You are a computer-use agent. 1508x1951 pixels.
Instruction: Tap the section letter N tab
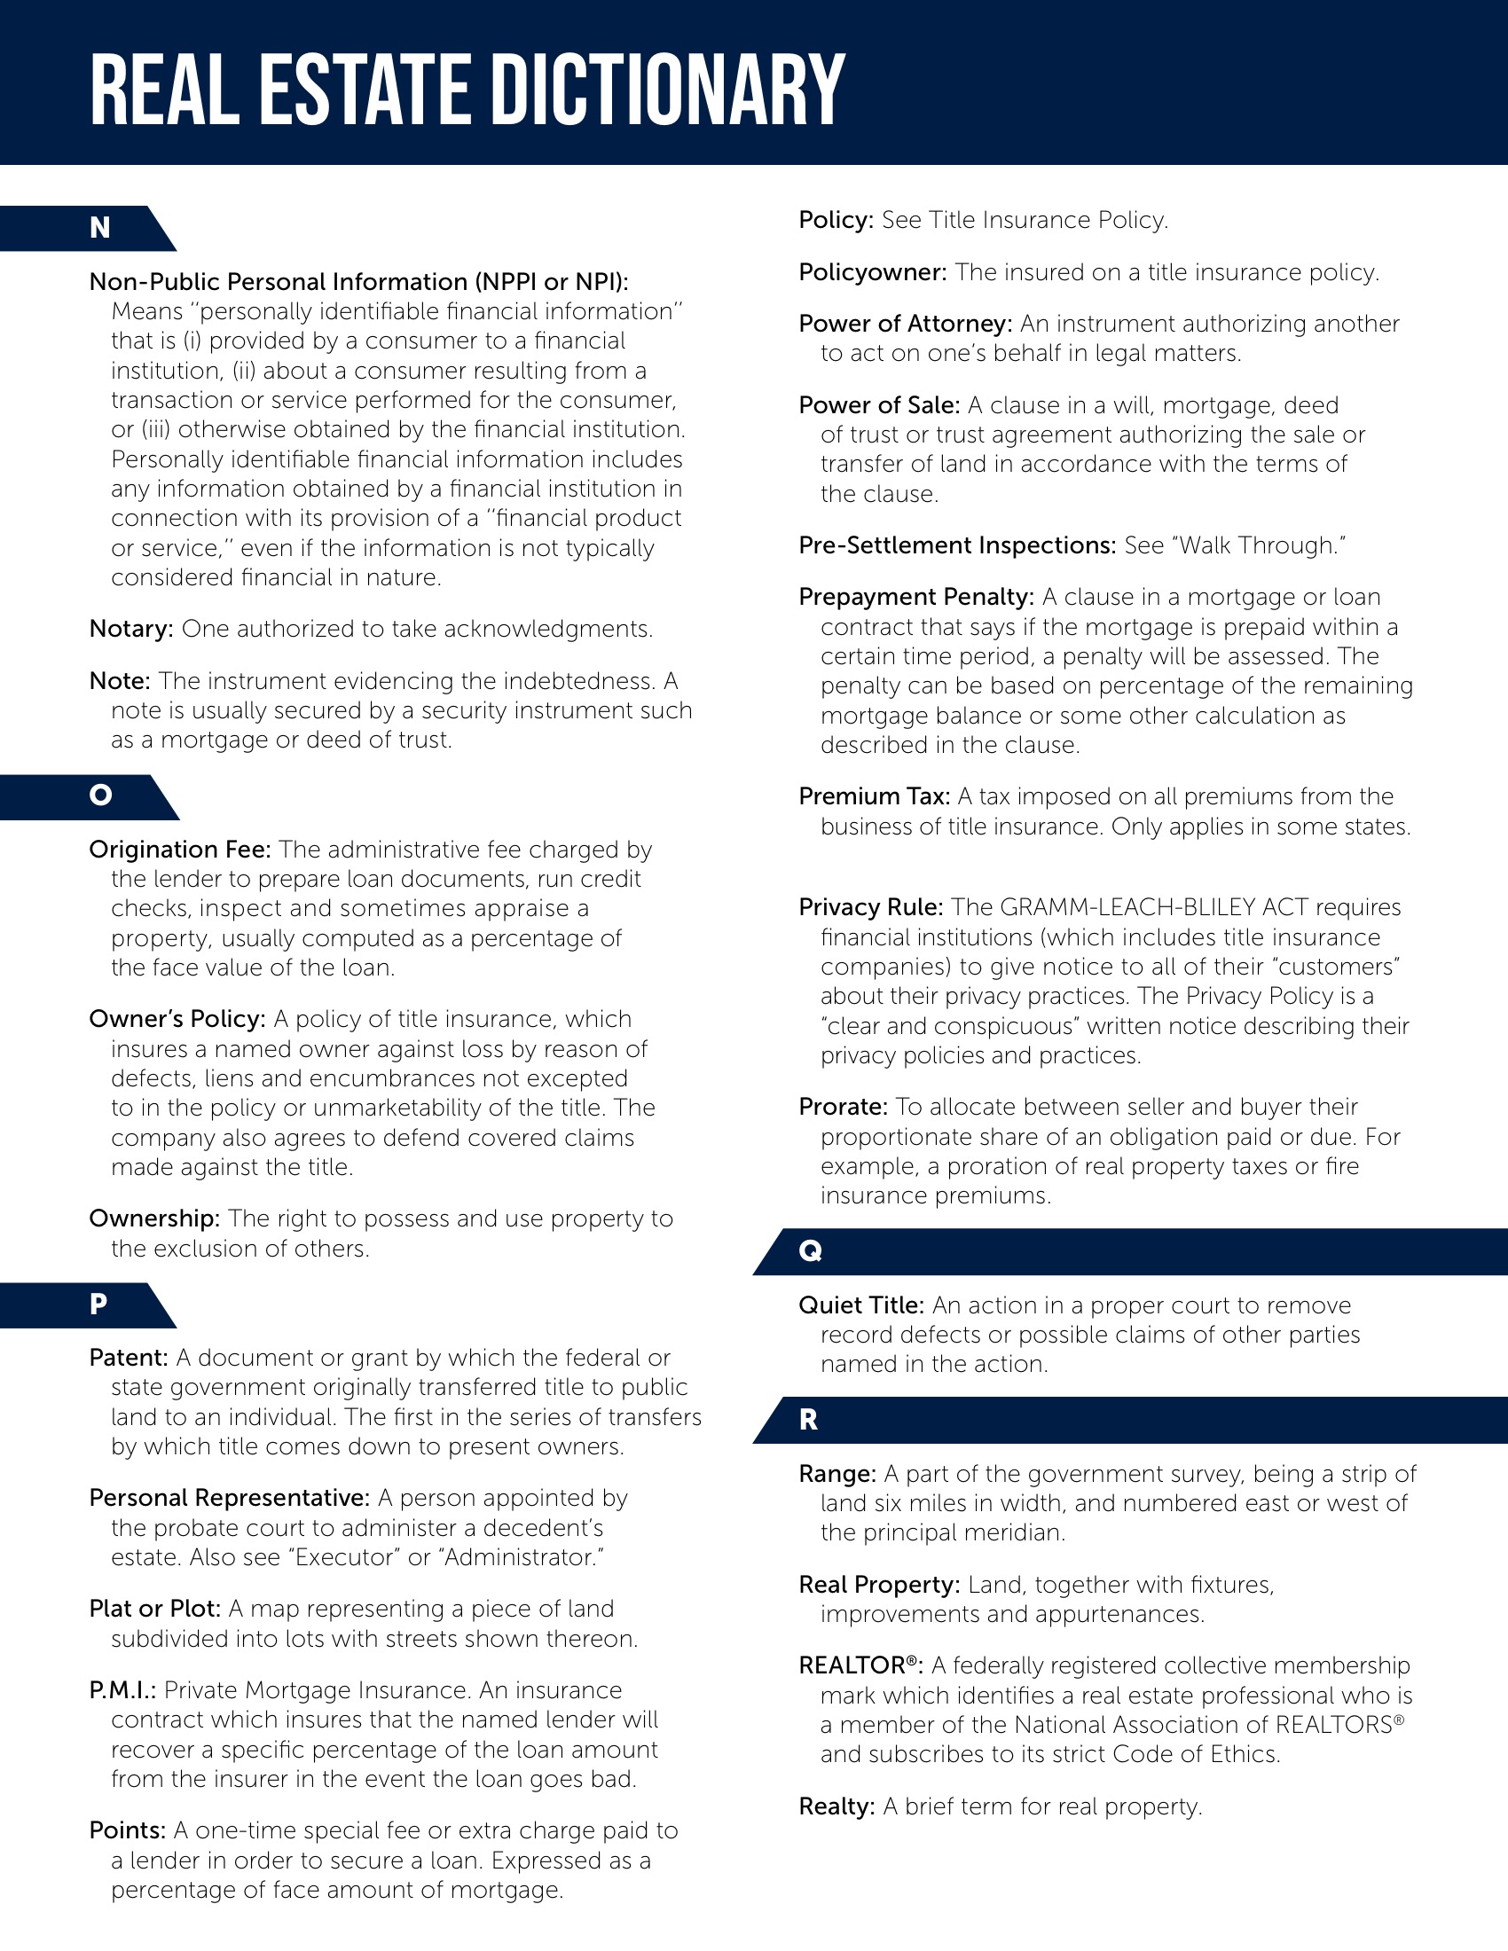(x=100, y=228)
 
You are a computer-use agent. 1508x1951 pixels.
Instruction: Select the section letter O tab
(x=101, y=795)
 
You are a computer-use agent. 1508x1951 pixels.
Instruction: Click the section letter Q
(x=810, y=1250)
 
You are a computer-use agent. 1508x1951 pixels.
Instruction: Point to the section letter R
(x=808, y=1420)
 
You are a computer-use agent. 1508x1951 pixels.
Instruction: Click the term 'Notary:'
(x=131, y=629)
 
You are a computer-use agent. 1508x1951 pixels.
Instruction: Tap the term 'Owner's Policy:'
(x=177, y=1019)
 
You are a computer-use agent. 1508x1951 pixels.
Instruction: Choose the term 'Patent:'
(x=129, y=1358)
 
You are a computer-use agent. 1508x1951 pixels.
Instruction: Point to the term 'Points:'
(x=128, y=1830)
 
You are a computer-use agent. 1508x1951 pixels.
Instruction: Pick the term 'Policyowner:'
(x=873, y=272)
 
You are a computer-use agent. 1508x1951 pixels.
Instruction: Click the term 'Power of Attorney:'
(x=905, y=324)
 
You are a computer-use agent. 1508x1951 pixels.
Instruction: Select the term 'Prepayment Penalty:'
(x=915, y=597)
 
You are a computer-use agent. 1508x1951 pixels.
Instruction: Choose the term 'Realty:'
(x=837, y=1806)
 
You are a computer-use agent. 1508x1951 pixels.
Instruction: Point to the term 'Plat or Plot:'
(x=154, y=1609)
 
